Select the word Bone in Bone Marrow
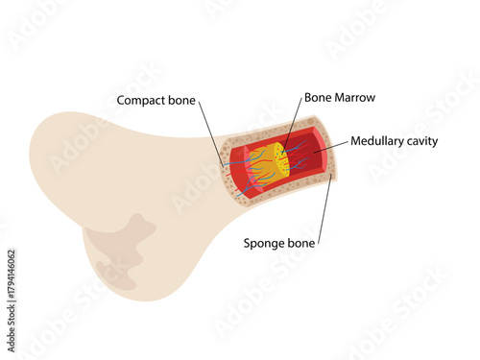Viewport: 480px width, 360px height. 318,97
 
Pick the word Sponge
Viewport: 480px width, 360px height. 265,244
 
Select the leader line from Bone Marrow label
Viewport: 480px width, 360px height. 293,125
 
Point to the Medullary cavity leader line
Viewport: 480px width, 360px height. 326,146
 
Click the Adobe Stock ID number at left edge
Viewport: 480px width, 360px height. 11,289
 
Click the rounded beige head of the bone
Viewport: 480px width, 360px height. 106,192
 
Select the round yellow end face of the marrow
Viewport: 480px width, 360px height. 280,159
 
